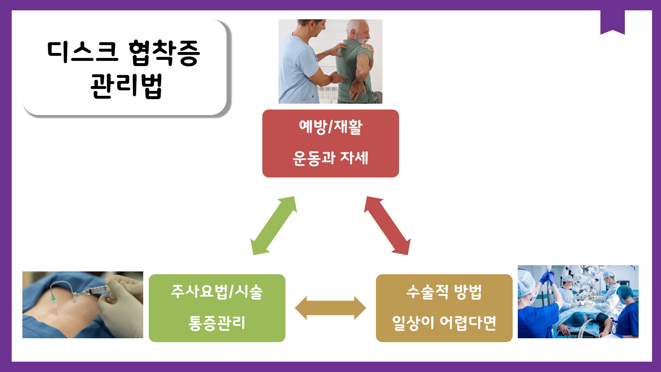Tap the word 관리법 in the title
(126, 86)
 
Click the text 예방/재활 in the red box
(330, 127)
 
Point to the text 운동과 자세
(330, 158)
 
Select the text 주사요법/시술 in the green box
(217, 292)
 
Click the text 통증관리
(217, 323)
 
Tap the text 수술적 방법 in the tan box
(444, 292)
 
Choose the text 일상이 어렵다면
(444, 323)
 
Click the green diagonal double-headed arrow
(274, 226)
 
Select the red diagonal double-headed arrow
(387, 226)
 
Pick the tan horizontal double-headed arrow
(330, 308)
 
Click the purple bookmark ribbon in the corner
(612, 22)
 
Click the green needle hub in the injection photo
(54, 298)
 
